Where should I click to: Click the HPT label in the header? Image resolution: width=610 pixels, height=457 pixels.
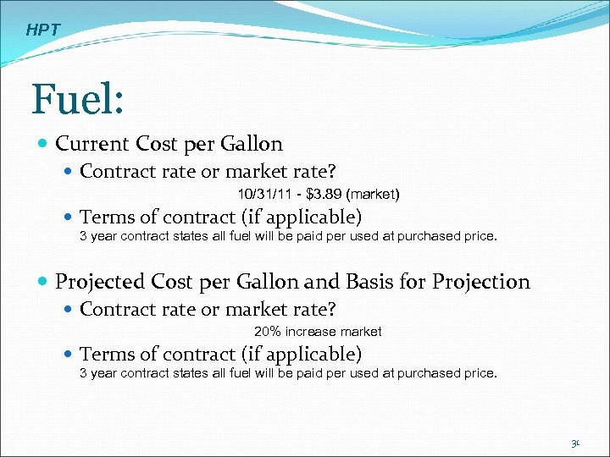tap(42, 30)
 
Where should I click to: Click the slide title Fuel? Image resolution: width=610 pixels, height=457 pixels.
tap(78, 100)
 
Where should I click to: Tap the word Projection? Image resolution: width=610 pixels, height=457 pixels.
tap(480, 282)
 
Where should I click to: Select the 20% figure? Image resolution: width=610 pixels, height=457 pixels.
tap(268, 332)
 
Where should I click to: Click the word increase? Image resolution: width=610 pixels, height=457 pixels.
tap(311, 332)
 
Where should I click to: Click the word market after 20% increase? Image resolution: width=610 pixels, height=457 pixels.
tap(362, 332)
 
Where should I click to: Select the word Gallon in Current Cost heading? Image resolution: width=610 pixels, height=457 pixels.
tap(252, 144)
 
